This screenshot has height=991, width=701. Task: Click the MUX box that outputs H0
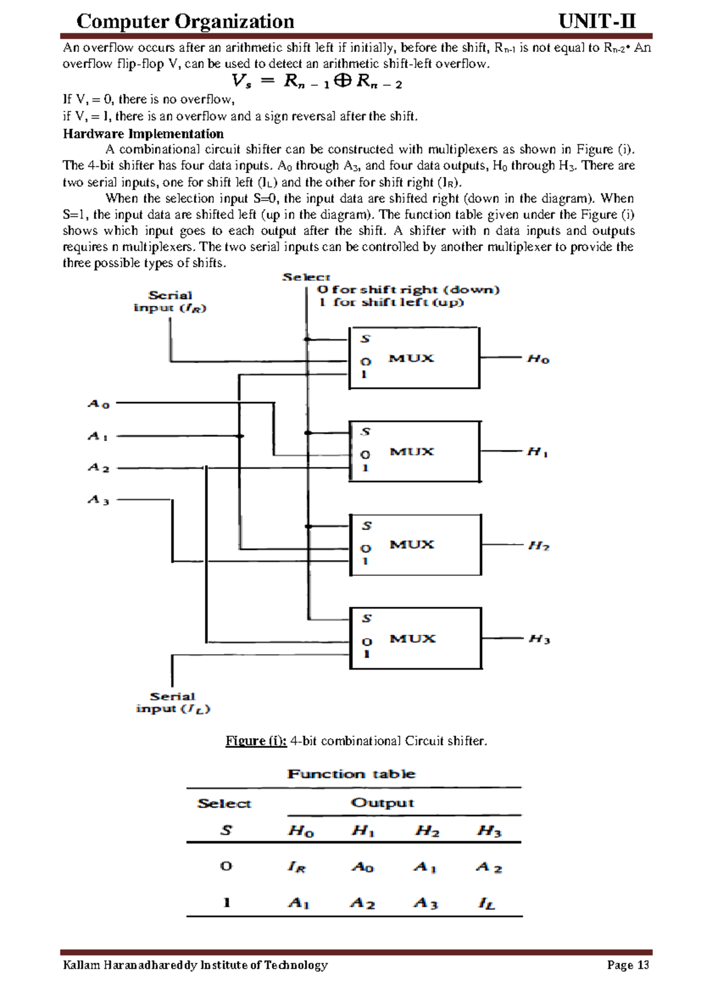[414, 358]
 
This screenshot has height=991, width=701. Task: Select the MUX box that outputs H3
[415, 638]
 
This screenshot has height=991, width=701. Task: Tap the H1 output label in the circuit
[537, 452]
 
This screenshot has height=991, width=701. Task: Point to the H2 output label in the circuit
[539, 546]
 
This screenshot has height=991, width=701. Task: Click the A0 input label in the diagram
[98, 404]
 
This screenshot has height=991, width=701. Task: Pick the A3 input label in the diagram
[98, 500]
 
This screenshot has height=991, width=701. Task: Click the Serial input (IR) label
[170, 302]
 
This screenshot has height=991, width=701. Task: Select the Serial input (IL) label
[173, 702]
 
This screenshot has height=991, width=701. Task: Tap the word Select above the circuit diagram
[306, 277]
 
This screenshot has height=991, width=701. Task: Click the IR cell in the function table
[297, 867]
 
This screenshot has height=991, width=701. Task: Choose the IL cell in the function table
[487, 903]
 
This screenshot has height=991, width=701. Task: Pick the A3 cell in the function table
[425, 903]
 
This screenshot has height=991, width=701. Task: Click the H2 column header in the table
[427, 830]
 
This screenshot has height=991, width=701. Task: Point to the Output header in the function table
[383, 803]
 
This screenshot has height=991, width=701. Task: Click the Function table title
[352, 774]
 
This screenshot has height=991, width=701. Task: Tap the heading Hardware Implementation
[143, 134]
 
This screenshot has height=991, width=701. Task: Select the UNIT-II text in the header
[597, 22]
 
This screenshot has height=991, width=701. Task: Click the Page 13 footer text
[628, 965]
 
